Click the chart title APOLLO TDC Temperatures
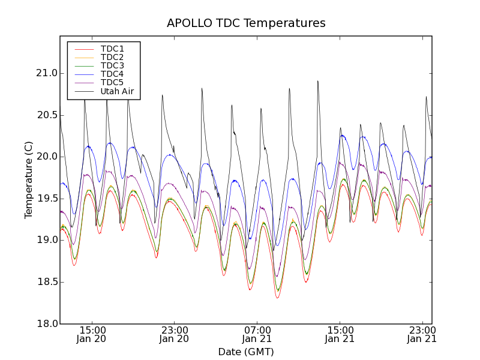[246, 23]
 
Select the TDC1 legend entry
[112, 49]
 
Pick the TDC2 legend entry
[112, 57]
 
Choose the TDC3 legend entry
[112, 65]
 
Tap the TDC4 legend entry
[112, 74]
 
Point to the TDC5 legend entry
[112, 82]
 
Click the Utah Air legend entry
[117, 91]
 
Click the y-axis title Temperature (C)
[29, 180]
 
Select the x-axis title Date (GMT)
[246, 352]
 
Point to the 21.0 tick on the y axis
[46, 73]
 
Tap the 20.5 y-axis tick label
[46, 115]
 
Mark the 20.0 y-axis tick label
[46, 157]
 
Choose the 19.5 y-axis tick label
[46, 199]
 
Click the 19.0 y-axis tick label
[46, 240]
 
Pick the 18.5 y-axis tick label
[46, 282]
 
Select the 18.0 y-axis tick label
[46, 323]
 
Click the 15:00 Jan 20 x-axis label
[92, 334]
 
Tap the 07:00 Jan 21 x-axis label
[257, 334]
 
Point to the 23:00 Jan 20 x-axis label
[175, 334]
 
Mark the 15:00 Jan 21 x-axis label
[340, 334]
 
